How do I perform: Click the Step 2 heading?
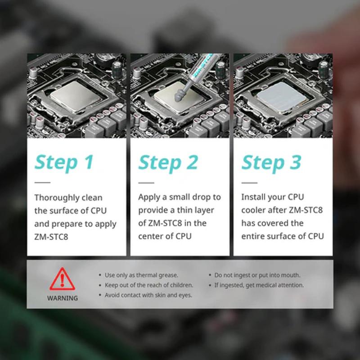[x=168, y=162]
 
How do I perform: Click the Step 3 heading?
[x=271, y=162]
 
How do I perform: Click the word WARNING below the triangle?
[x=62, y=298]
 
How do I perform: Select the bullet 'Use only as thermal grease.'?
[x=141, y=275]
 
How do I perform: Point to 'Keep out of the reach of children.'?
[x=148, y=285]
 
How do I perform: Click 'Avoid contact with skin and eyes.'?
[x=148, y=295]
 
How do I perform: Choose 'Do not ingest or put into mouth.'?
[x=257, y=275]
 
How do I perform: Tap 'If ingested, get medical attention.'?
[x=259, y=285]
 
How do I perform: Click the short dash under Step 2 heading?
[x=146, y=183]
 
